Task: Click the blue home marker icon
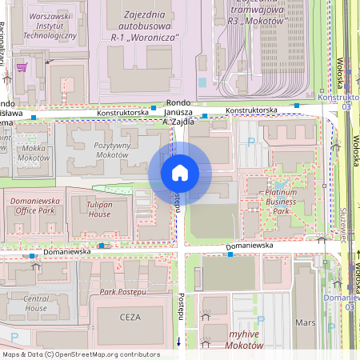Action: tap(179, 172)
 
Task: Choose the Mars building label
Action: tap(306, 323)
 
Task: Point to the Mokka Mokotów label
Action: tap(32, 154)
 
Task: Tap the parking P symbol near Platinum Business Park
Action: tap(252, 142)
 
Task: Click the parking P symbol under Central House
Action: tap(14, 338)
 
